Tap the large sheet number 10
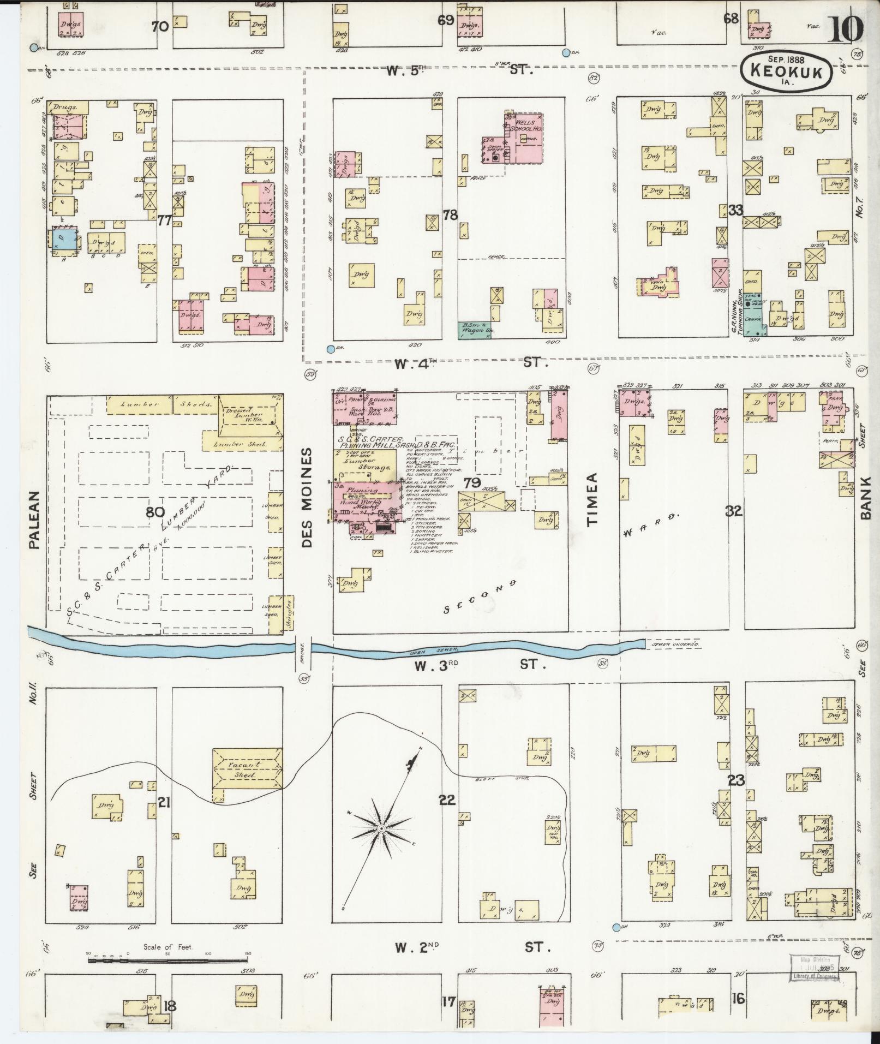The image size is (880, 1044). tap(846, 28)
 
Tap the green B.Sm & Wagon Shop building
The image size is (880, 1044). tap(474, 330)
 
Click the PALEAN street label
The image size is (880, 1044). tap(35, 518)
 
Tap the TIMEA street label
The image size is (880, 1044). tap(593, 499)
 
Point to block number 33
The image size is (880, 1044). tap(735, 210)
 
